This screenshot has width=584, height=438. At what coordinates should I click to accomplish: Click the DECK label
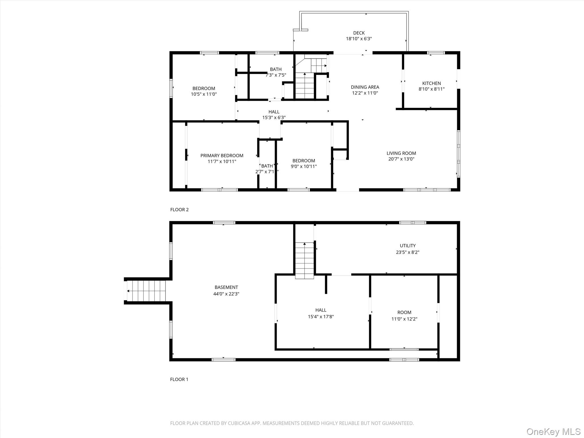(359, 33)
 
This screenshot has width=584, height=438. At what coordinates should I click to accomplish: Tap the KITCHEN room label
(431, 83)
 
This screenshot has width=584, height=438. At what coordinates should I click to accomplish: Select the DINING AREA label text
(365, 87)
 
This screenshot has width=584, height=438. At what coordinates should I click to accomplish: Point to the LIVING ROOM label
(401, 153)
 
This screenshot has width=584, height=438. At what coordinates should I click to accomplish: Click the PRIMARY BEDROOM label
(222, 155)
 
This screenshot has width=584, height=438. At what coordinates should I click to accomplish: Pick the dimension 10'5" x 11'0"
(204, 94)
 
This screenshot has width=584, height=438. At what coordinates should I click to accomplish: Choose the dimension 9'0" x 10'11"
(304, 166)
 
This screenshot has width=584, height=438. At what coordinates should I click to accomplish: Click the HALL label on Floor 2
(274, 112)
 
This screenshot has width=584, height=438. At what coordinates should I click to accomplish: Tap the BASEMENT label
(226, 287)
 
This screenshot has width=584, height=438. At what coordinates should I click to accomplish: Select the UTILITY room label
(407, 246)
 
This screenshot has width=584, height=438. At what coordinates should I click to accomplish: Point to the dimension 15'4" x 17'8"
(321, 317)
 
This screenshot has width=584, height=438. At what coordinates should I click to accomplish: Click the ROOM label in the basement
(404, 312)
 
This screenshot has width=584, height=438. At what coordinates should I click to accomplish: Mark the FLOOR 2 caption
(179, 210)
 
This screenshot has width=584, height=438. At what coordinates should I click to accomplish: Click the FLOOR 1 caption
(179, 379)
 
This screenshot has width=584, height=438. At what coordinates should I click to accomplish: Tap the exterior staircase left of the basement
(146, 291)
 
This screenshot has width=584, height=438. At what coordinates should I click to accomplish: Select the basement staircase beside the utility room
(305, 261)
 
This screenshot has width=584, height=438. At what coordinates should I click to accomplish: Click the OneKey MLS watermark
(553, 431)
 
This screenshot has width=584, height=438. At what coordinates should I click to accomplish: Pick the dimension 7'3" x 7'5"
(276, 75)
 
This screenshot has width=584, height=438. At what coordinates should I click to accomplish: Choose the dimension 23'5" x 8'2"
(407, 252)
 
